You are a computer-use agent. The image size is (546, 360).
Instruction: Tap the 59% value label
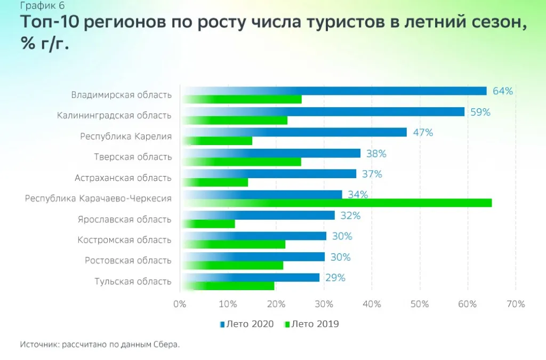480,112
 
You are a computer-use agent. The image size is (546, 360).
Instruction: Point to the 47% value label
423,132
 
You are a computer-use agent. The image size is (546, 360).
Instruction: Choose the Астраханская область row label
123,178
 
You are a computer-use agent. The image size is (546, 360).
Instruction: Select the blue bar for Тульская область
251,277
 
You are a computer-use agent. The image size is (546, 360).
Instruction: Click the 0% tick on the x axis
180,304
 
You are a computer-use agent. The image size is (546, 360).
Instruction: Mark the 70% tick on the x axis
516,304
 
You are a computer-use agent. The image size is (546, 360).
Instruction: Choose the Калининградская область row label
114,115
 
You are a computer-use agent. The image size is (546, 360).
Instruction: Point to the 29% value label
335,277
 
